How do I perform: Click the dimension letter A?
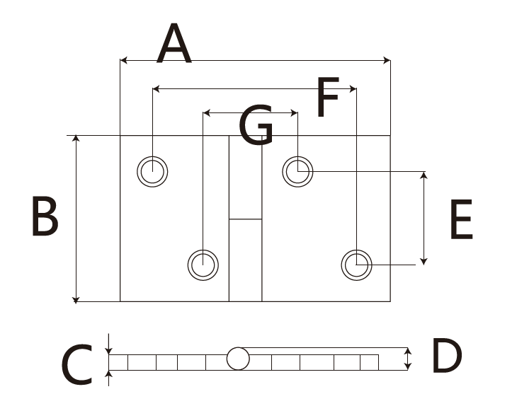tap(175, 44)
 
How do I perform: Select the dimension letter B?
tap(45, 217)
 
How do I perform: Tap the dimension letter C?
tap(76, 365)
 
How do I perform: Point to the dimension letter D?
tap(446, 356)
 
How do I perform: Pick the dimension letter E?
tap(460, 220)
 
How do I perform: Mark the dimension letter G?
tap(256, 126)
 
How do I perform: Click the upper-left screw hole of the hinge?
tap(153, 170)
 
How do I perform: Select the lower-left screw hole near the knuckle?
tap(203, 264)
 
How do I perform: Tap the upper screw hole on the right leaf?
tap(298, 170)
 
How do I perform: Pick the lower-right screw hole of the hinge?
tap(356, 265)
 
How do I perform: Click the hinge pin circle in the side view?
tap(238, 359)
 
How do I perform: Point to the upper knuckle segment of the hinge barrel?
tap(245, 177)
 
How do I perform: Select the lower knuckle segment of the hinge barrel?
tap(245, 260)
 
